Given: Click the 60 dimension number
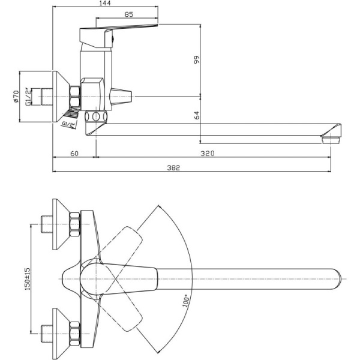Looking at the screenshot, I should pyautogui.click(x=74, y=154).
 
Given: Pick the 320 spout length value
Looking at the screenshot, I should pyautogui.click(x=207, y=154).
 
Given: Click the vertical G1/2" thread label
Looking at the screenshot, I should pyautogui.click(x=28, y=96).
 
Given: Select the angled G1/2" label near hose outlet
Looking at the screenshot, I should pyautogui.click(x=69, y=124).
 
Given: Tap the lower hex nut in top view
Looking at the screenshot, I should pyautogui.click(x=75, y=332).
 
